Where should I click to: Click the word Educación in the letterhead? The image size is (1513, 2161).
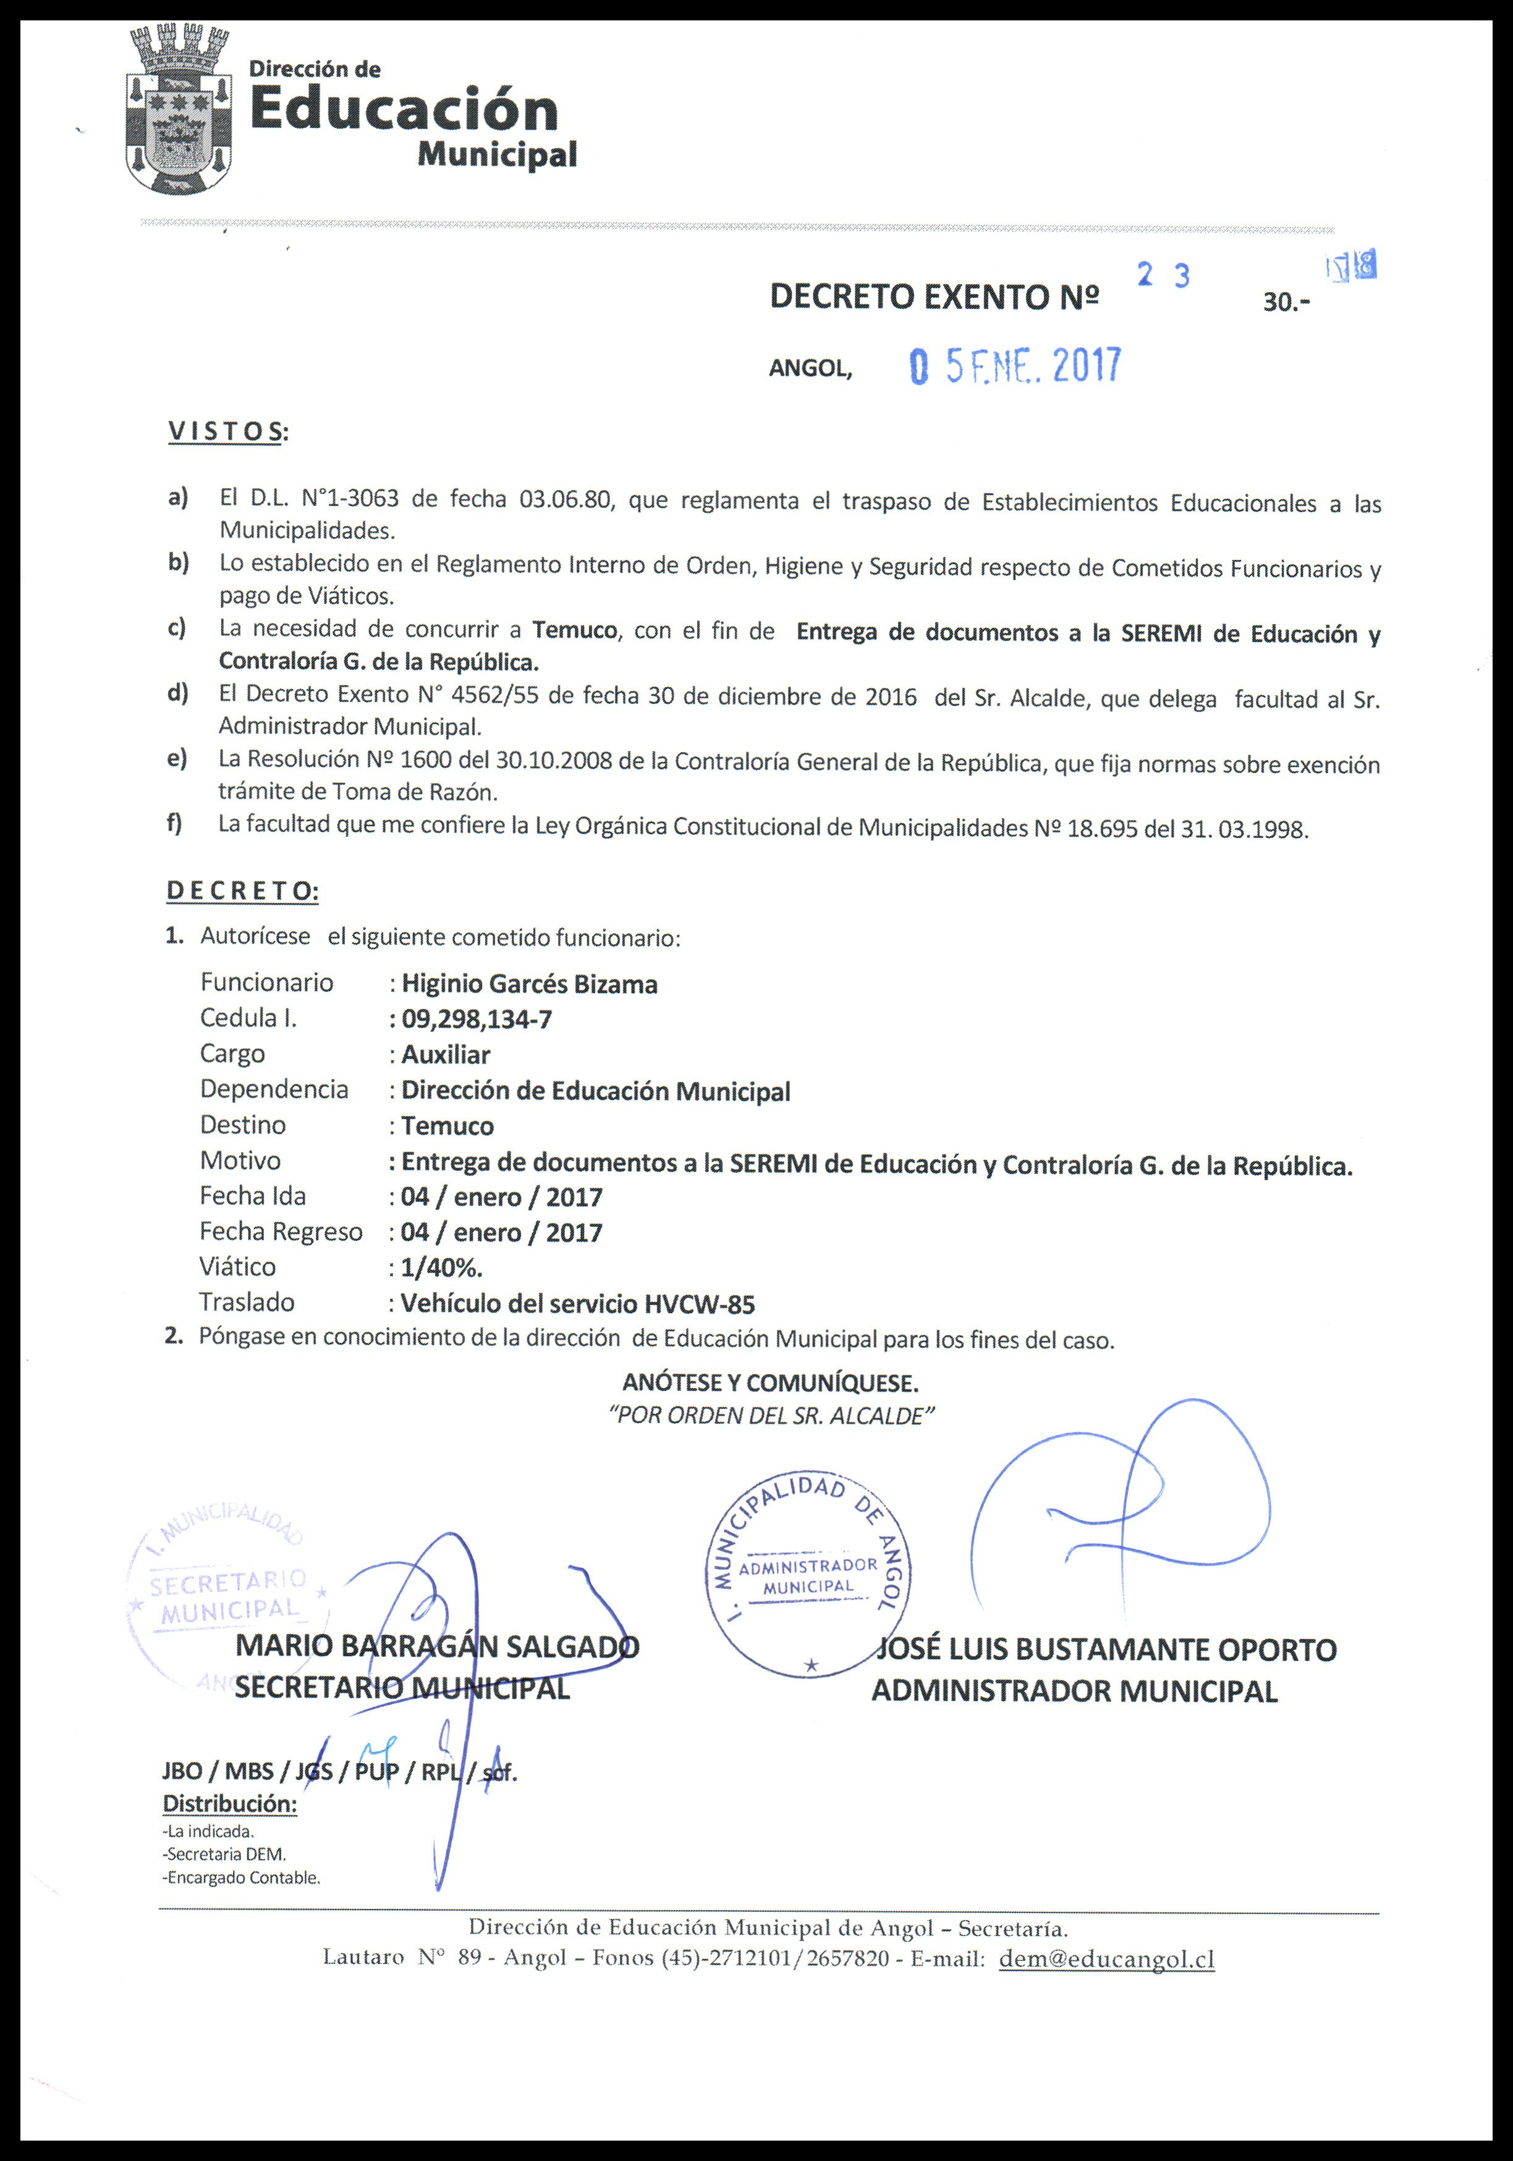point(404,111)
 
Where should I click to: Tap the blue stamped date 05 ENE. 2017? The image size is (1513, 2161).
point(1015,366)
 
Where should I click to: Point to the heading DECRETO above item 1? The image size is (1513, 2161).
point(242,890)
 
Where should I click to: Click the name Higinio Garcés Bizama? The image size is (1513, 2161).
point(529,984)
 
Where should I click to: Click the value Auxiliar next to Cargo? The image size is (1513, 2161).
point(446,1055)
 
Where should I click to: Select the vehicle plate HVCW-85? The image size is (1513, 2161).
point(700,1305)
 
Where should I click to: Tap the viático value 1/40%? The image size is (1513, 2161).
point(441,1269)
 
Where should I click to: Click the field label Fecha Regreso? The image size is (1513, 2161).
point(281,1232)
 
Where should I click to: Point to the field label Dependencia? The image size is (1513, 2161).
point(274,1090)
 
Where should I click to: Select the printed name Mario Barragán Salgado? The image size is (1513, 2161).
point(437,1646)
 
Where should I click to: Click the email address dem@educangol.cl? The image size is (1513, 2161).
point(1106,1960)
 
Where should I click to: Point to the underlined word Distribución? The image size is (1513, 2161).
point(230,1804)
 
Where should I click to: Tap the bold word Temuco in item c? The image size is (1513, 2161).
point(574,630)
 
